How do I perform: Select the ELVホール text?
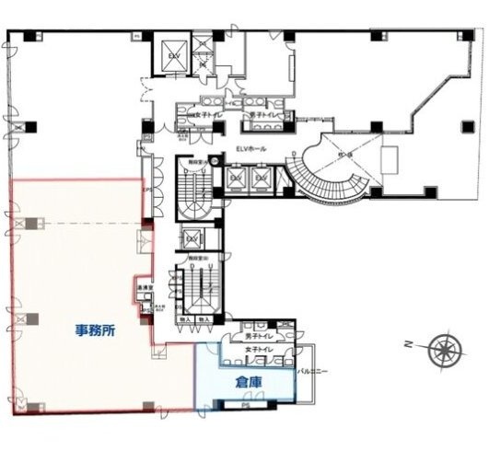pos(252,150)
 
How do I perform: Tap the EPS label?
pos(145,191)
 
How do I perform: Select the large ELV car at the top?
pos(172,53)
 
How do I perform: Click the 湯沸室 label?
pos(146,288)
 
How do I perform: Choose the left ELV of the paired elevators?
pos(237,176)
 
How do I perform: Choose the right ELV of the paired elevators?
pos(262,176)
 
